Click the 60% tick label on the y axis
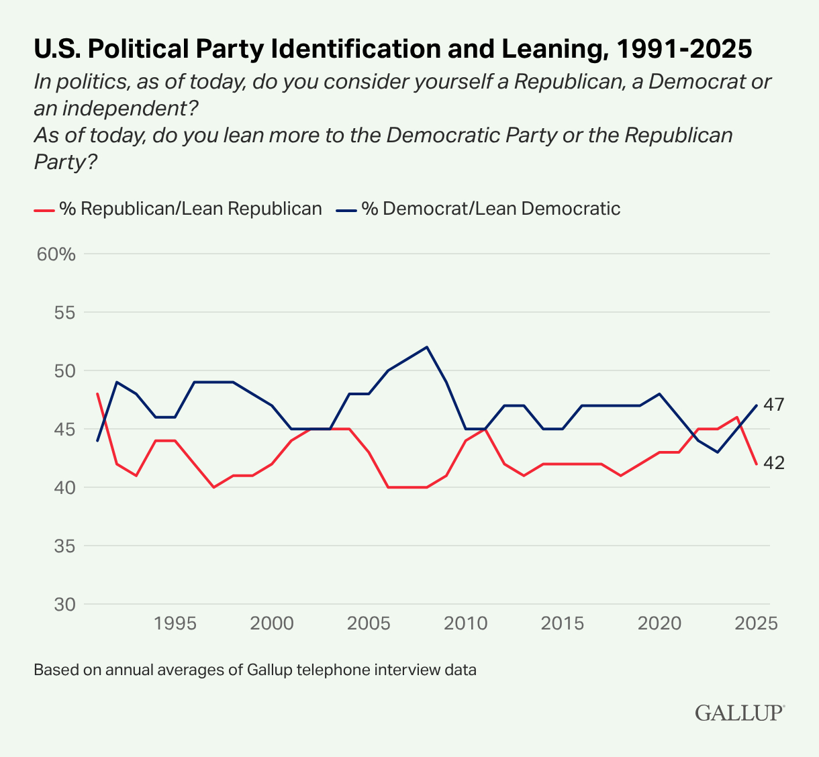pos(58,254)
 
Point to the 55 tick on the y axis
pos(62,313)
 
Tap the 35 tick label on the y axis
pos(62,546)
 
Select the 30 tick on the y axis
pos(62,604)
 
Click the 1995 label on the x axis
pos(175,623)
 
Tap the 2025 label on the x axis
pos(756,623)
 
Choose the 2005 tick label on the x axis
pos(369,623)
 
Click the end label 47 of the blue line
pos(774,405)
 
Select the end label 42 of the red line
pos(774,463)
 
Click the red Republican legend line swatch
pos(44,209)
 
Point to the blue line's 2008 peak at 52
pos(427,347)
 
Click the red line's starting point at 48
pos(98,394)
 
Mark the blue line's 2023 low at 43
pos(718,452)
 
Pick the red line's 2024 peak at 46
pos(737,417)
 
